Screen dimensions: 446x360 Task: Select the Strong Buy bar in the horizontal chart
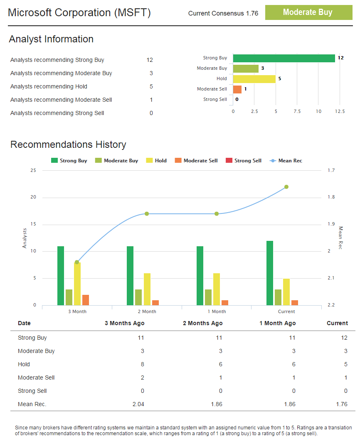click(x=284, y=58)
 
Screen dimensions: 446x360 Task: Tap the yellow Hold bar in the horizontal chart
click(x=254, y=79)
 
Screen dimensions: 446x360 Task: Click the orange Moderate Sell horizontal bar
click(x=237, y=89)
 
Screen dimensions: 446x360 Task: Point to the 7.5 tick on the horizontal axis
click(x=297, y=111)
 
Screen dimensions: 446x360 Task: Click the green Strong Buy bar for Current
click(x=270, y=273)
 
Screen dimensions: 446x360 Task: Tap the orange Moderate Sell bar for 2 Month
click(x=155, y=303)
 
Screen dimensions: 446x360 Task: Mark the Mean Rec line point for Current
click(x=286, y=187)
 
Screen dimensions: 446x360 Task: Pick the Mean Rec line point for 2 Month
click(x=147, y=214)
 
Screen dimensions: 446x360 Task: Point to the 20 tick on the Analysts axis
click(x=33, y=197)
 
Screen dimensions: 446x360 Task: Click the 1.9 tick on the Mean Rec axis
click(x=331, y=224)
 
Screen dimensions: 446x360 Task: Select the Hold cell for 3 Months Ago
click(x=142, y=364)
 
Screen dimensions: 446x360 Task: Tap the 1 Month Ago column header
click(x=277, y=323)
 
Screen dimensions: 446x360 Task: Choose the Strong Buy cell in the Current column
click(x=344, y=338)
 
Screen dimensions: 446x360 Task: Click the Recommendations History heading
click(x=68, y=145)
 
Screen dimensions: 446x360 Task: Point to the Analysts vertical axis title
click(x=25, y=238)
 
